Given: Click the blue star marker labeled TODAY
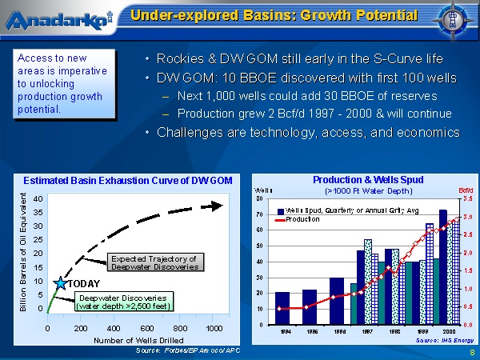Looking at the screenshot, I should [60, 283].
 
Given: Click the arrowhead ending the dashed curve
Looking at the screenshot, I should [218, 206].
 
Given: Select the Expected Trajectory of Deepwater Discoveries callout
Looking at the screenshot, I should [154, 262].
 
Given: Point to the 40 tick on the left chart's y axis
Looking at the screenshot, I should [38, 198].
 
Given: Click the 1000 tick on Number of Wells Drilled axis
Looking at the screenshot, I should [213, 328].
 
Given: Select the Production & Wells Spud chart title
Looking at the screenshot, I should [367, 180].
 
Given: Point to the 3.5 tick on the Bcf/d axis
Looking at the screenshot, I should [468, 198].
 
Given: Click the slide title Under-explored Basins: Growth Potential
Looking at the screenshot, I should [274, 16].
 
